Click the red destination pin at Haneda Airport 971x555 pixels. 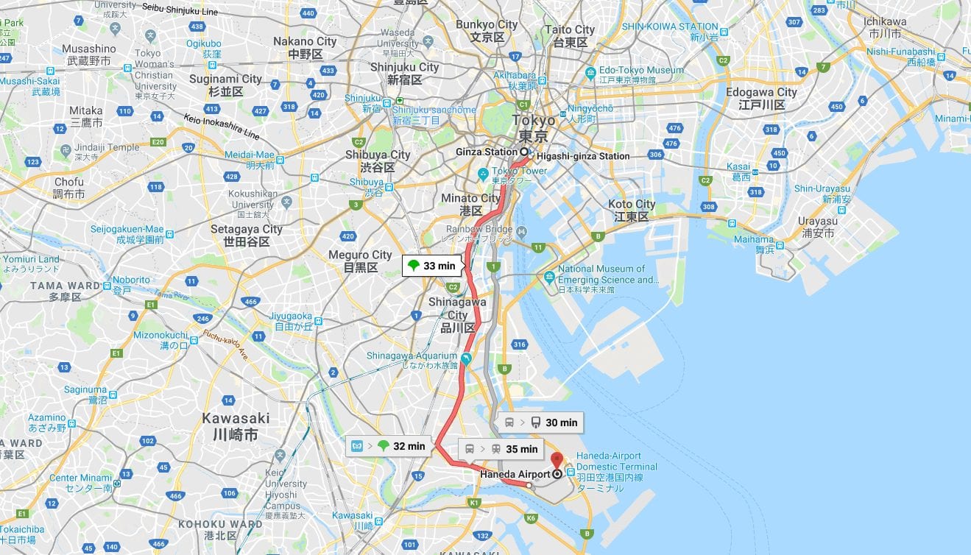coord(557,459)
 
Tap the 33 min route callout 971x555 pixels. coord(432,266)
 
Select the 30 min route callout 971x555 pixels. coord(541,423)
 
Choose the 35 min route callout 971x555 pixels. coord(501,449)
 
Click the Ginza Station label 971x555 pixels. coord(486,152)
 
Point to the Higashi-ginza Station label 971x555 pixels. coord(582,156)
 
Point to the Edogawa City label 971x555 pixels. coord(761,92)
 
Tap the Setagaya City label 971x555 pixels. coord(246,229)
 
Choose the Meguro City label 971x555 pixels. coord(360,255)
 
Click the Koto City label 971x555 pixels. coord(631,205)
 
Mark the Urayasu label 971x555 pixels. coord(817,222)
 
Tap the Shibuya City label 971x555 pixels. coord(378,155)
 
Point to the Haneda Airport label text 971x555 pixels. coord(515,475)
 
